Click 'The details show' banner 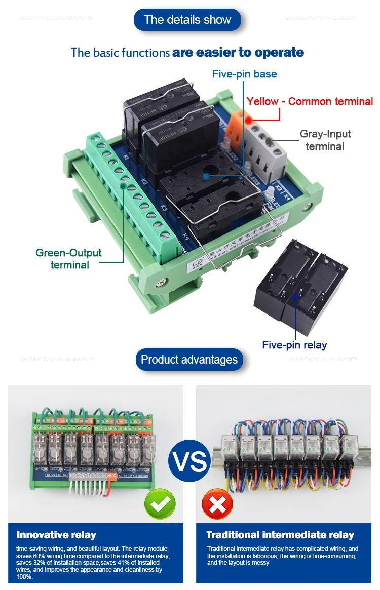187,20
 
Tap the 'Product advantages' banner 189,360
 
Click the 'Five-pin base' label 244,74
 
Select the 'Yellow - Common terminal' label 310,101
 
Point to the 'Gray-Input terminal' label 325,140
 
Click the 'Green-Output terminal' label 68,258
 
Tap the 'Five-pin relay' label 294,345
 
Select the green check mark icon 160,504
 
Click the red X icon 217,504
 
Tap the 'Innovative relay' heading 56,535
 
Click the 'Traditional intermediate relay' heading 280,535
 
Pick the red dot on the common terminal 249,120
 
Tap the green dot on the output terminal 124,186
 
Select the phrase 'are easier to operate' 238,52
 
